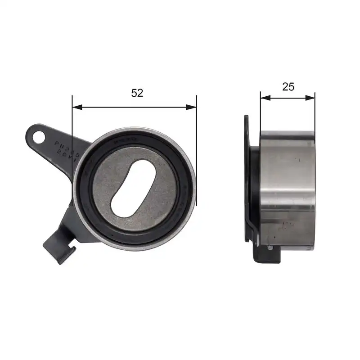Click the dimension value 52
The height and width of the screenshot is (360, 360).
coord(137,93)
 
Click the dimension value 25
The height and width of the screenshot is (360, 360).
coord(288,87)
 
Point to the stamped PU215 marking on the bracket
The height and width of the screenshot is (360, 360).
coord(67,148)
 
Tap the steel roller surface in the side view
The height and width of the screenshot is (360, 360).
coord(288,189)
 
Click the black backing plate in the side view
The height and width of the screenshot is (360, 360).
coord(247,180)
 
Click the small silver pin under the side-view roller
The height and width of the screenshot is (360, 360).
coord(269,247)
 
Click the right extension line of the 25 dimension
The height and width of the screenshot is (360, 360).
coord(315,112)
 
